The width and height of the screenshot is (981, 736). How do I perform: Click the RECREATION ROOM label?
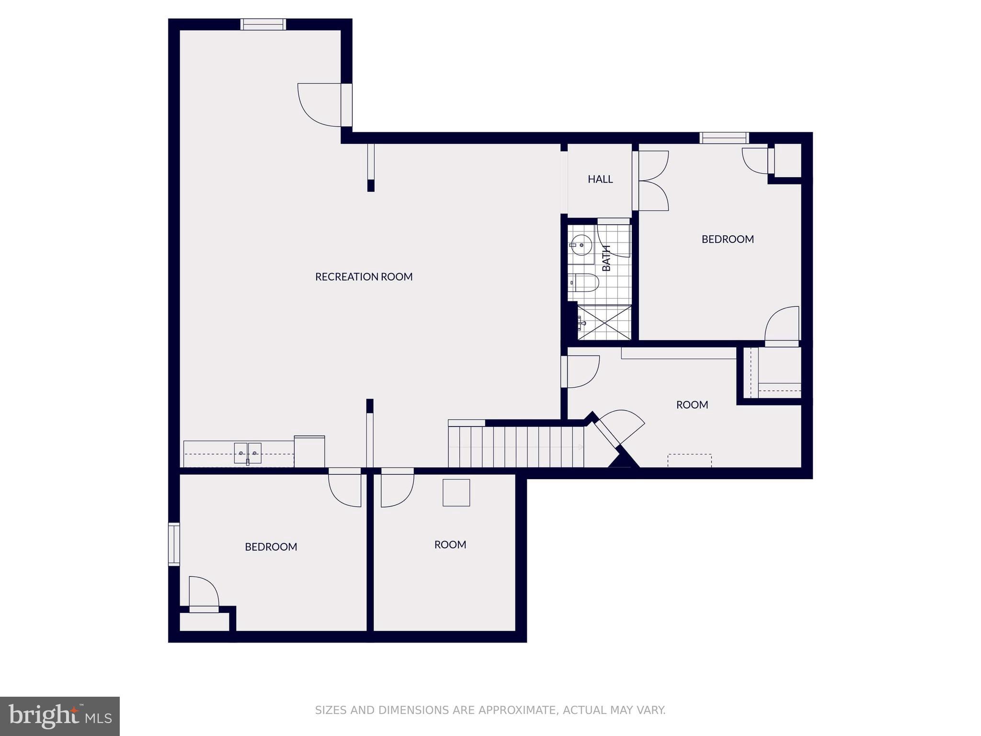[x=364, y=276]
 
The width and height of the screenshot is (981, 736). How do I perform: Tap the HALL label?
[x=600, y=179]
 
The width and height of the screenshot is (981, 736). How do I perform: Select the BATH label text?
[x=606, y=258]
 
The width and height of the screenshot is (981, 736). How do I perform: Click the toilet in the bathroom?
[x=584, y=283]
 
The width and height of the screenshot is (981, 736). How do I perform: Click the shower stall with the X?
[x=605, y=322]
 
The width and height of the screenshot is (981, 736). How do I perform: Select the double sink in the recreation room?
[x=248, y=453]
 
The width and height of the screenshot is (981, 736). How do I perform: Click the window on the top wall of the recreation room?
[x=263, y=24]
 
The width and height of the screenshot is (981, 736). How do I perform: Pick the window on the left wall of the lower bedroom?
[x=174, y=544]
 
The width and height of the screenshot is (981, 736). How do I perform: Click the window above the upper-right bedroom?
[x=724, y=138]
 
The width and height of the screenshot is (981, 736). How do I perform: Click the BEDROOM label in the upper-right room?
[x=728, y=239]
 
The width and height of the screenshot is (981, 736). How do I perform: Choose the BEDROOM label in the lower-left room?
[x=271, y=547]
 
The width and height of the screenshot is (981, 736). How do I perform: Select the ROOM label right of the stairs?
[x=692, y=405]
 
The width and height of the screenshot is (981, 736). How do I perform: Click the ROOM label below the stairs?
[x=450, y=545]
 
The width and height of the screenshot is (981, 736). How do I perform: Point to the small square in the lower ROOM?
[x=456, y=493]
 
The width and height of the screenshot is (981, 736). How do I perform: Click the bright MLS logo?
[x=60, y=716]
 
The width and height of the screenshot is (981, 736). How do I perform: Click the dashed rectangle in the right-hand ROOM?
[x=689, y=460]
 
